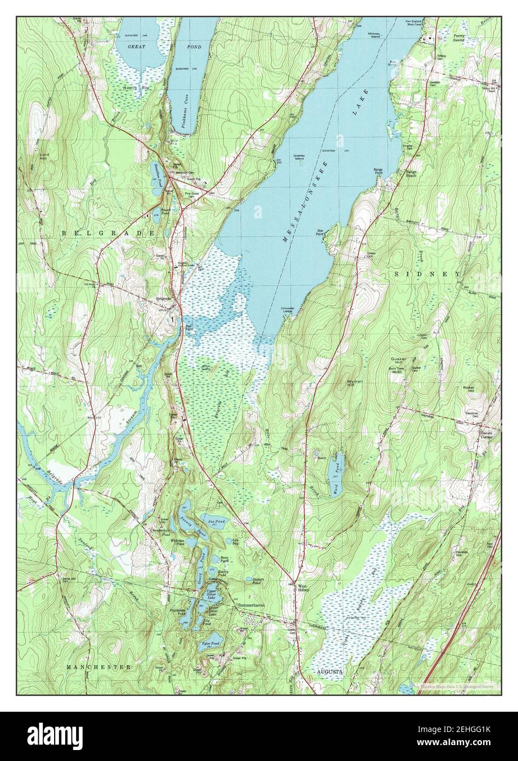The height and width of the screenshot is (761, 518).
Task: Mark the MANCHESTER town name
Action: [x=98, y=667]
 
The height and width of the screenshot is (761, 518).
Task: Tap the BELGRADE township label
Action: [x=108, y=233]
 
